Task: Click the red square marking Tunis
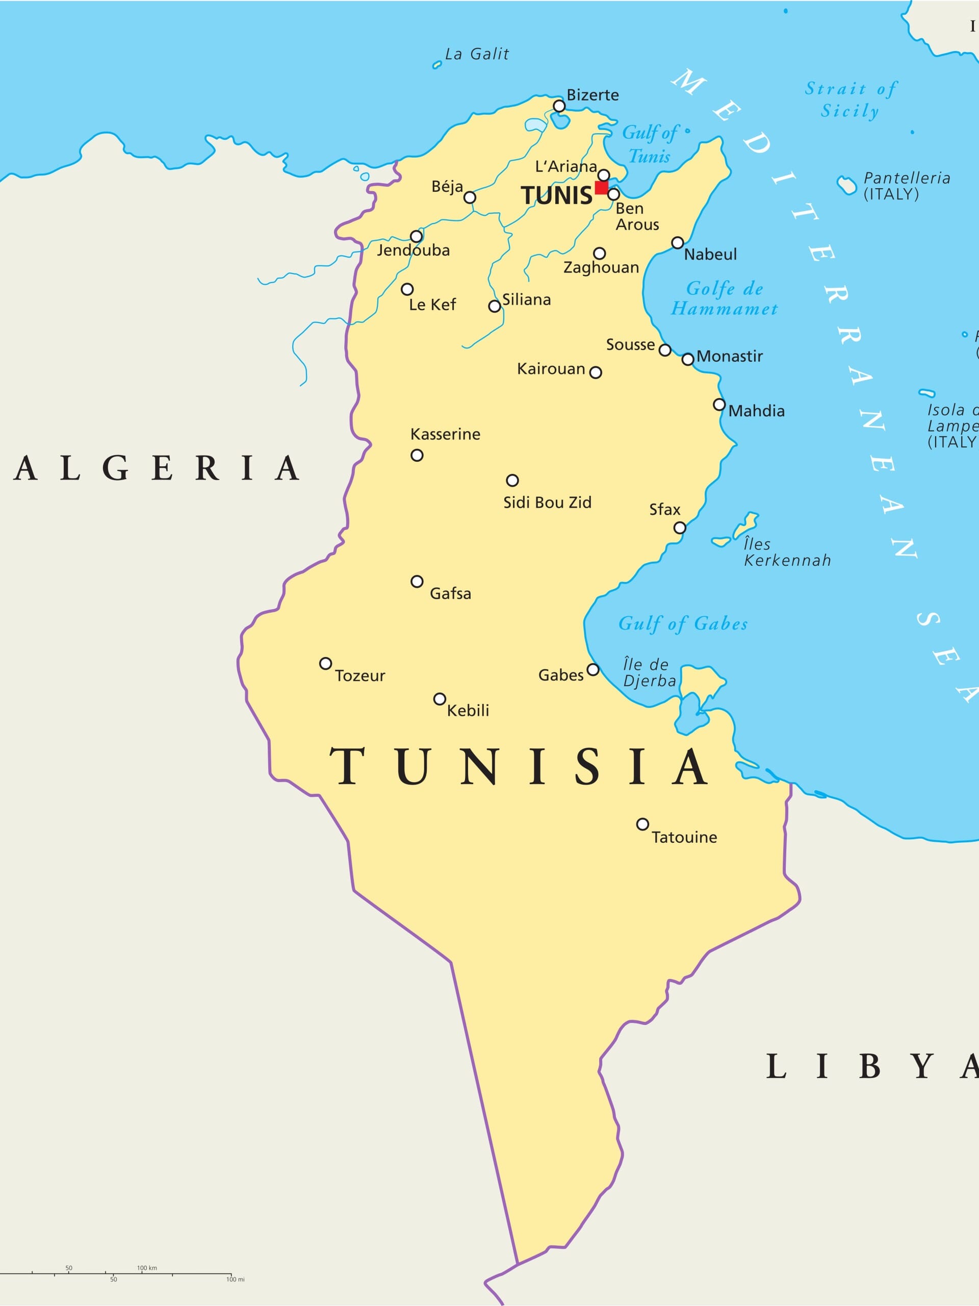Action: coord(601,187)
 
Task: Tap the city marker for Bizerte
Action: coord(559,106)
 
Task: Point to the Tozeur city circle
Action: coord(325,664)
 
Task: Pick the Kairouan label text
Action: coord(551,369)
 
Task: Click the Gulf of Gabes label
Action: coord(683,623)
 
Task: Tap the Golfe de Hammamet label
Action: coord(724,299)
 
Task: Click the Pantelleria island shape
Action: coord(847,185)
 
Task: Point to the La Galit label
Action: coord(477,54)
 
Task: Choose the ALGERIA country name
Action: coord(157,468)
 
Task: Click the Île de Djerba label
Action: coord(649,672)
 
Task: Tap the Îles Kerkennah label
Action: coord(787,552)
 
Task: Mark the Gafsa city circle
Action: coord(417,582)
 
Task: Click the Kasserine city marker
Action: coord(417,455)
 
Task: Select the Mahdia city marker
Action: coord(719,405)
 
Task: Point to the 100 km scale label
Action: coord(147,1268)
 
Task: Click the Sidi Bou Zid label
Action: coord(547,503)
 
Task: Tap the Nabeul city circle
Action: coord(678,243)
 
